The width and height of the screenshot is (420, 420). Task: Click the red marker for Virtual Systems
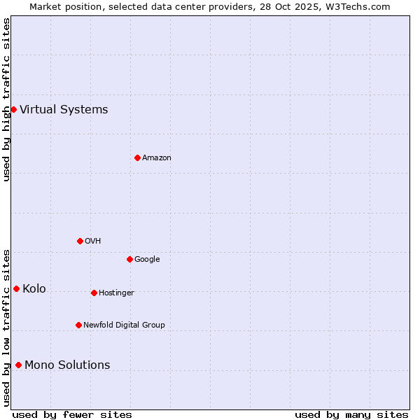click(13, 109)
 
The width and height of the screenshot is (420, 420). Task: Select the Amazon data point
click(137, 157)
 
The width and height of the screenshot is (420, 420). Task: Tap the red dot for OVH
click(80, 241)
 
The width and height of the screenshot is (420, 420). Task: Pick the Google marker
click(129, 259)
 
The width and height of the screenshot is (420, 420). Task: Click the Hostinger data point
click(94, 293)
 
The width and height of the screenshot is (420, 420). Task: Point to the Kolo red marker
click(16, 288)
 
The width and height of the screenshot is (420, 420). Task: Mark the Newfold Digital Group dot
click(78, 325)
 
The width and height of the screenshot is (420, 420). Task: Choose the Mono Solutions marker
click(18, 365)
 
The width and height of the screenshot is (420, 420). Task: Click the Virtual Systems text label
click(64, 109)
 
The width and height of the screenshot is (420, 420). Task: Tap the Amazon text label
click(157, 157)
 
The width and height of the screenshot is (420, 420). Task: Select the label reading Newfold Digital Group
click(124, 325)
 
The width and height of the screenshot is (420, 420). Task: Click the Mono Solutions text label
click(67, 365)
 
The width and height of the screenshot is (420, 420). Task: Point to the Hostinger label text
click(116, 293)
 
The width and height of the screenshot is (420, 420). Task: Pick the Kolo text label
click(34, 288)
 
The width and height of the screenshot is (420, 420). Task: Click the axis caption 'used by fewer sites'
click(72, 414)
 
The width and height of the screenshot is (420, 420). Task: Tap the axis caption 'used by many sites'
click(351, 414)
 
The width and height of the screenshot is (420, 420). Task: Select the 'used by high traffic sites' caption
click(6, 99)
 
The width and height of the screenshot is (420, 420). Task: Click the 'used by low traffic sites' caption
click(6, 328)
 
